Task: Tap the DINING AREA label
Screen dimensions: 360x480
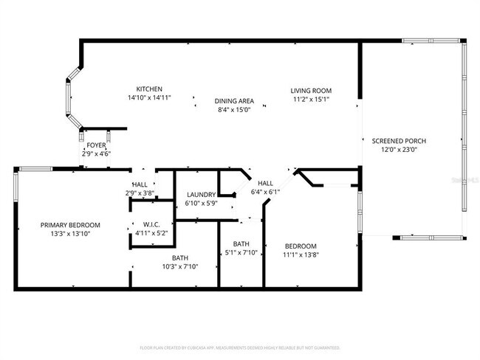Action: (234, 100)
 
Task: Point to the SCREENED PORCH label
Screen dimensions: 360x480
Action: (399, 141)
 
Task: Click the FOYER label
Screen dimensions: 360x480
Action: (96, 146)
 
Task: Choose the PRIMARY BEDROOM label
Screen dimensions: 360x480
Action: (70, 225)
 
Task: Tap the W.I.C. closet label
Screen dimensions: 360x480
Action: (152, 225)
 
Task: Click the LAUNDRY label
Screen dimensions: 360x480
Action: (200, 195)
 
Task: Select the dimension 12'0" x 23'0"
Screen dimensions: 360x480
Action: (399, 150)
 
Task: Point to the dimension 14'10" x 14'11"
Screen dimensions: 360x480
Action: (149, 97)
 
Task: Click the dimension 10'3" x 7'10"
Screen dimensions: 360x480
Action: (180, 267)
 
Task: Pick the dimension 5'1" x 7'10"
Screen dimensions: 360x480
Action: (241, 253)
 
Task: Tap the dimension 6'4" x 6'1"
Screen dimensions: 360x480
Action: (265, 192)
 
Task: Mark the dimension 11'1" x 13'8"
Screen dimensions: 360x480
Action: (301, 255)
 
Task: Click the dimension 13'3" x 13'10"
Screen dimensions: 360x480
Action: (70, 234)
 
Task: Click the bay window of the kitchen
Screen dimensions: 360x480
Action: (70, 96)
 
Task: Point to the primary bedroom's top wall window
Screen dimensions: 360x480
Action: (35, 169)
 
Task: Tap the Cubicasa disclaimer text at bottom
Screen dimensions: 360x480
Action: (239, 347)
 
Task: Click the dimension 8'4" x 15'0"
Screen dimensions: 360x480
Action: (234, 109)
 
